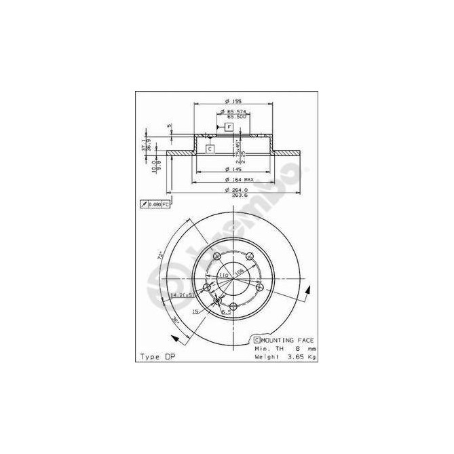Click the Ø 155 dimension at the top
pyautogui.click(x=233, y=102)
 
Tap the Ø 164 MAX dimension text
pyautogui.click(x=235, y=180)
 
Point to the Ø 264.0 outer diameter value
pyautogui.click(x=235, y=190)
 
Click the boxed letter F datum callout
pyautogui.click(x=229, y=127)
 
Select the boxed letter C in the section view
pyautogui.click(x=210, y=149)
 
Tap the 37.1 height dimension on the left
pyautogui.click(x=144, y=146)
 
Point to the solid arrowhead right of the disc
pyautogui.click(x=309, y=290)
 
